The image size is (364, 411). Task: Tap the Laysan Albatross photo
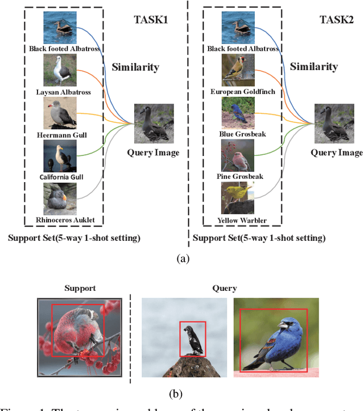point(60,70)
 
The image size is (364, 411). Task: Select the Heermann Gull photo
point(60,113)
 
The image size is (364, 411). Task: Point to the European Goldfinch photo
point(238,70)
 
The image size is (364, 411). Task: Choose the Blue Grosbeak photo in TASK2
point(238,113)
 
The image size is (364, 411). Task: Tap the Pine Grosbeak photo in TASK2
point(238,155)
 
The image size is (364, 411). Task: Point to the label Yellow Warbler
point(238,220)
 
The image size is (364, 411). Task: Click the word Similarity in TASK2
point(313,67)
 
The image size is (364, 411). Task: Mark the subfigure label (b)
point(182,392)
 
